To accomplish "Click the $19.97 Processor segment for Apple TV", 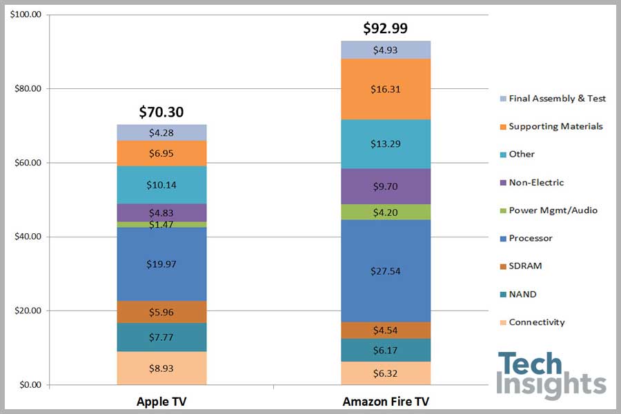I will point(161,264).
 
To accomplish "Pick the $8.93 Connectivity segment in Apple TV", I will point(161,368).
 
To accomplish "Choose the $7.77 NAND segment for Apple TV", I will point(161,337).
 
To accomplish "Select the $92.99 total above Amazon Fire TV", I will point(385,28).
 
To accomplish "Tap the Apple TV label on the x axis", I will point(161,402).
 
